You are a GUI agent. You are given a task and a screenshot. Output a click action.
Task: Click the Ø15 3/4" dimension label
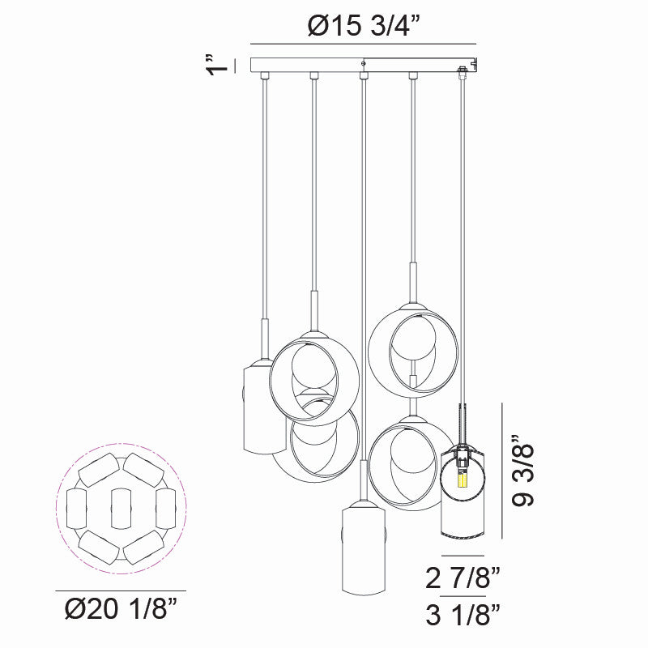click(364, 26)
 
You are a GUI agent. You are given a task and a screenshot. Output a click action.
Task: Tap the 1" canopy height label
click(214, 66)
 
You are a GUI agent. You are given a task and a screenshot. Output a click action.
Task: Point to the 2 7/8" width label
click(463, 578)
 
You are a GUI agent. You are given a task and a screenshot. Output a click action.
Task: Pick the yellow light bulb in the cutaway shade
click(463, 480)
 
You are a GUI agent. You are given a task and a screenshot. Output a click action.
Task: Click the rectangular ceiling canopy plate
click(364, 65)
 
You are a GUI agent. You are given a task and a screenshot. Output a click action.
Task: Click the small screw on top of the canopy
click(364, 62)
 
